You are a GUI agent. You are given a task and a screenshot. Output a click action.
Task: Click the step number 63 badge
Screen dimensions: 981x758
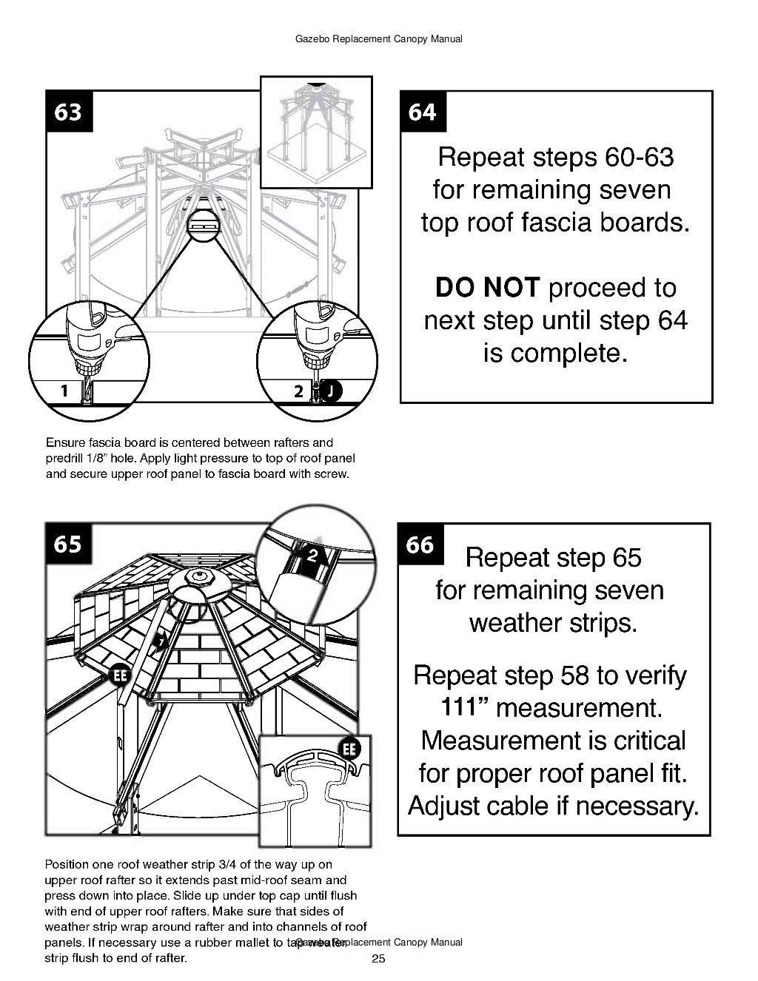69,112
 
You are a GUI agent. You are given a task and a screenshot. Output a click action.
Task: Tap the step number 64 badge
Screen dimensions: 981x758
423,112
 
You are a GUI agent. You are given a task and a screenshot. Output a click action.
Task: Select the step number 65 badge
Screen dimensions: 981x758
68,544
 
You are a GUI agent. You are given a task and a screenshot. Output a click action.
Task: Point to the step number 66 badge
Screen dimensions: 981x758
420,544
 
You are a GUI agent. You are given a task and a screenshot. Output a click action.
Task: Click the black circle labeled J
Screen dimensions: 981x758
332,390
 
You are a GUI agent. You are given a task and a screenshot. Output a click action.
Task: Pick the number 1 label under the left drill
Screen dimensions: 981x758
64,390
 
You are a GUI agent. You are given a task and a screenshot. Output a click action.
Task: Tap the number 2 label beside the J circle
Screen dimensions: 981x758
298,391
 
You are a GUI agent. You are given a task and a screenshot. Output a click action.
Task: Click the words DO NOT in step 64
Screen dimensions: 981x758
487,288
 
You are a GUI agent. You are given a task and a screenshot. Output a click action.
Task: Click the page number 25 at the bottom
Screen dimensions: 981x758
378,960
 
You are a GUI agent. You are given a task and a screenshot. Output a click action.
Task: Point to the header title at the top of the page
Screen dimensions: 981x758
378,38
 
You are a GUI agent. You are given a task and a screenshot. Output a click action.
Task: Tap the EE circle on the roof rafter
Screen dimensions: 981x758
120,675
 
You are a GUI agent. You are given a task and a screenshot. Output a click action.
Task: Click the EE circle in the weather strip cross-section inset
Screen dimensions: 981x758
349,749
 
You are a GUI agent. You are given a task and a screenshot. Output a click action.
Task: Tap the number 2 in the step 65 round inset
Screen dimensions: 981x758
312,555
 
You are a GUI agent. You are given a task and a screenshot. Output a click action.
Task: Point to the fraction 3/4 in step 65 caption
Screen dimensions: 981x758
221,864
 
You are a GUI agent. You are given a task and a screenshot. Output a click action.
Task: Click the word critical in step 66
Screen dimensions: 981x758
641,741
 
